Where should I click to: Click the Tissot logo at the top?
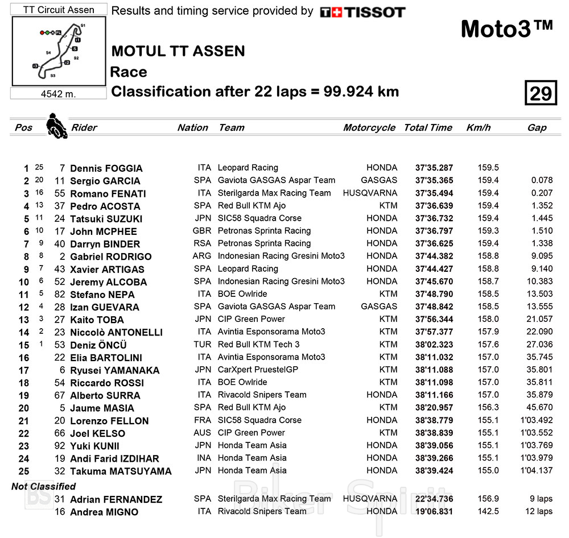coord(362,12)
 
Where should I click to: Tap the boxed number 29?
coord(540,93)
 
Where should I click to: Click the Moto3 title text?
coord(506,29)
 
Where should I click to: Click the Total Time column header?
coord(428,128)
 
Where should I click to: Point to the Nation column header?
coord(192,128)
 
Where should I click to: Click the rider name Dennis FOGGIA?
coord(106,168)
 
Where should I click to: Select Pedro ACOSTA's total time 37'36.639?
coord(434,206)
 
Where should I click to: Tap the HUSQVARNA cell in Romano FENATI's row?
coord(370,193)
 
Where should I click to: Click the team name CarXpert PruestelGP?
coord(258,370)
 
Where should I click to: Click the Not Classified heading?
coord(44,487)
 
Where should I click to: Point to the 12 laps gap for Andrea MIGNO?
coord(538,511)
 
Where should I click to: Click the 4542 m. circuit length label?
coord(58,94)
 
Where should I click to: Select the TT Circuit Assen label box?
coord(58,10)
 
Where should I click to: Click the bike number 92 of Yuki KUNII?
coord(60,446)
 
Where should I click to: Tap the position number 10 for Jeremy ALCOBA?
coord(23,282)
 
